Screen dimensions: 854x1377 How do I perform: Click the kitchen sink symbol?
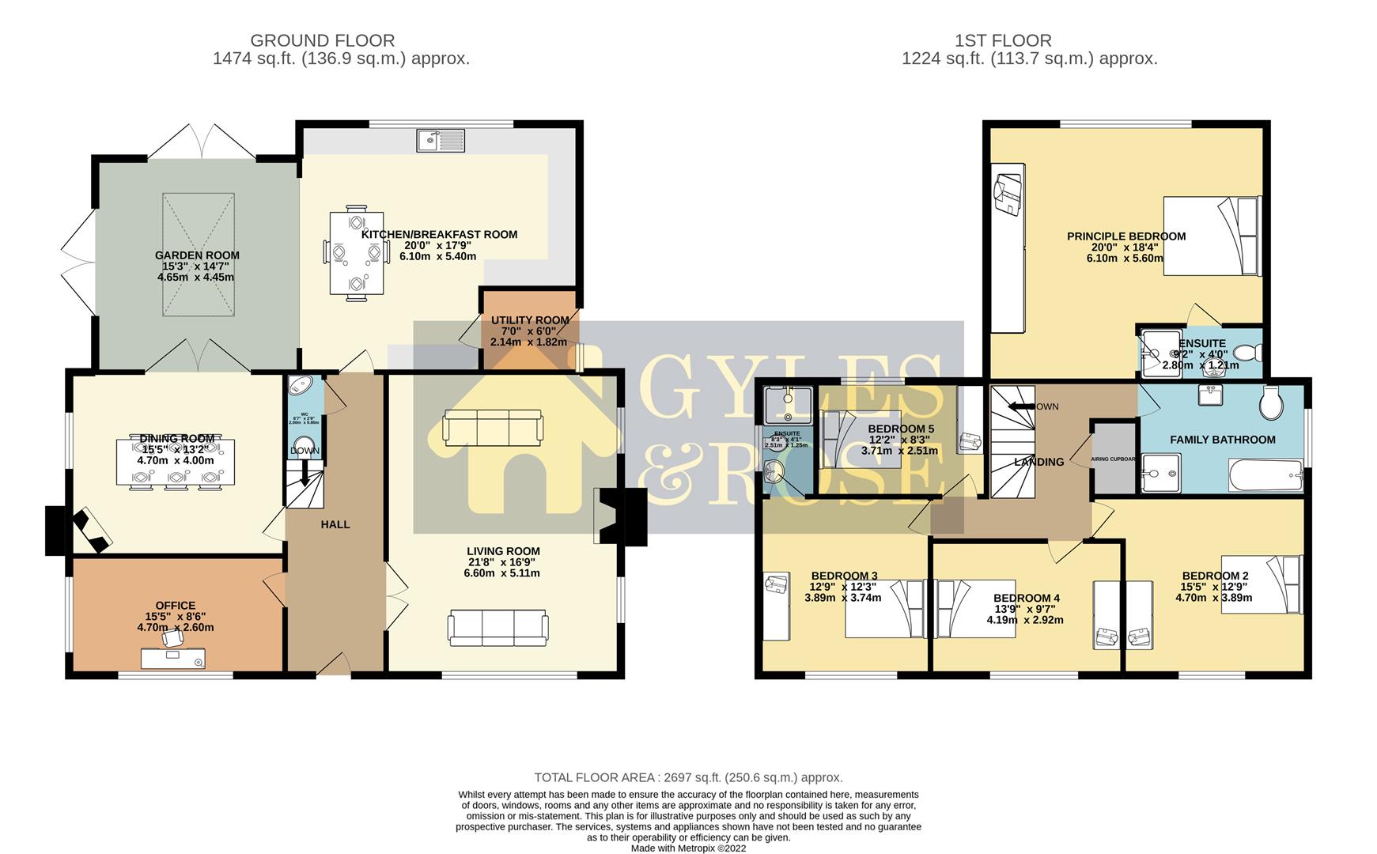coord(441,141)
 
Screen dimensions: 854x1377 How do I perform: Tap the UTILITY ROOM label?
coord(530,320)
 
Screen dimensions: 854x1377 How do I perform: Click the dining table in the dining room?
coord(176,462)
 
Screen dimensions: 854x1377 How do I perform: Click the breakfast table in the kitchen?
coord(357,254)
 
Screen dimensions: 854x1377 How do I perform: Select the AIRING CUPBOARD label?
coord(1114,459)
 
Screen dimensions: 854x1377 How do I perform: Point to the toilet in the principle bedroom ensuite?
coord(1248,352)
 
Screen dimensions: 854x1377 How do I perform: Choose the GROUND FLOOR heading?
coord(322,40)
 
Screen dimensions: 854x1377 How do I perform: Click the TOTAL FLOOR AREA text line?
coord(688,777)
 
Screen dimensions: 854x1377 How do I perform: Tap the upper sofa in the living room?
coord(493,428)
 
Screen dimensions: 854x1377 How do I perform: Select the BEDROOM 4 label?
coord(1026,599)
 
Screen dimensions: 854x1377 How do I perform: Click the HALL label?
coord(335,524)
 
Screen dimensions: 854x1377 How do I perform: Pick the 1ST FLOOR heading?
coord(1002,40)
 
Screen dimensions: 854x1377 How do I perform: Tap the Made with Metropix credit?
coord(688,848)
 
